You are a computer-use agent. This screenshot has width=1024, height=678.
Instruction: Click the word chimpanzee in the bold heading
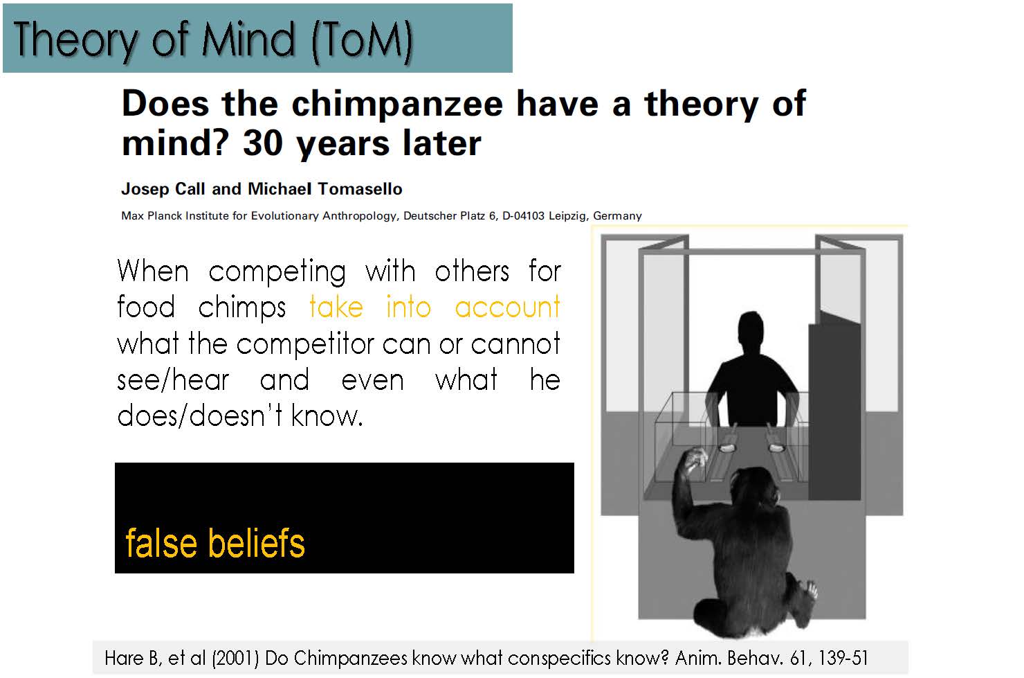pos(397,105)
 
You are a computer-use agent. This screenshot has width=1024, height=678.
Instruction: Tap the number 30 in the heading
pos(263,143)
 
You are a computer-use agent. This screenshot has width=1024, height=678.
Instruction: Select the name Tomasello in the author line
pos(360,188)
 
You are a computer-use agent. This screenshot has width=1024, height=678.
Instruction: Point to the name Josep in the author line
pos(145,189)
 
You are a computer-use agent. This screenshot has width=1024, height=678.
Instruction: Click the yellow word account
pos(507,307)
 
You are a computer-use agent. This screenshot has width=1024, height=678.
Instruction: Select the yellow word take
pos(336,306)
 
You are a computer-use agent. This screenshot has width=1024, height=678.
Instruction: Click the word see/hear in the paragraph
pos(173,380)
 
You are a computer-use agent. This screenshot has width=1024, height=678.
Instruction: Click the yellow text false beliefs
pos(215,542)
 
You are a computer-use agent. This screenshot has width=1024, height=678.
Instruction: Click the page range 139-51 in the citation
pos(843,658)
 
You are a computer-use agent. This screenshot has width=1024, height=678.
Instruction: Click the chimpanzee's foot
pos(807,591)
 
